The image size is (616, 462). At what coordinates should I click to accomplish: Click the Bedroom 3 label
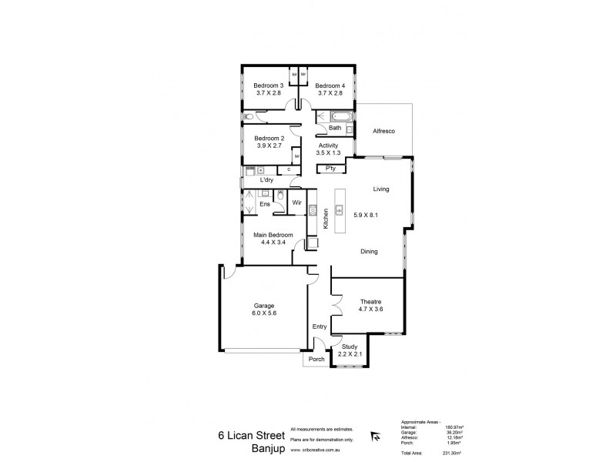[x=269, y=85]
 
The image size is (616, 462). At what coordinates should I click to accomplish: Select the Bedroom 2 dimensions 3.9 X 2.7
[x=269, y=146]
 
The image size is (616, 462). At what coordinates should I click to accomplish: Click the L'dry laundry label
[x=266, y=179]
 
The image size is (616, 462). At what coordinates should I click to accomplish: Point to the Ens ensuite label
[x=263, y=204]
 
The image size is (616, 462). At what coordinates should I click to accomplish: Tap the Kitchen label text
[x=326, y=218]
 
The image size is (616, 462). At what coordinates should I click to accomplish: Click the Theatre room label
[x=371, y=301]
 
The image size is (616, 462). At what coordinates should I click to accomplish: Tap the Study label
[x=350, y=346]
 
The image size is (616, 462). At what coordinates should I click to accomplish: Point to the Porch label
[x=316, y=360]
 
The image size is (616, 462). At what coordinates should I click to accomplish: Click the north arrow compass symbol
[x=375, y=436]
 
